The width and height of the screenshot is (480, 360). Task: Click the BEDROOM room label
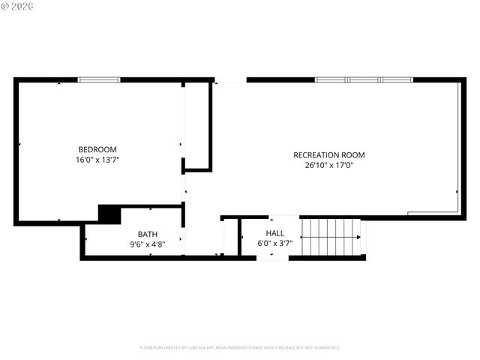97,149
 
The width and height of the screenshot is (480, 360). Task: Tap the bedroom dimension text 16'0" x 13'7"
97,160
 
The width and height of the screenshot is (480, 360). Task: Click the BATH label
147,234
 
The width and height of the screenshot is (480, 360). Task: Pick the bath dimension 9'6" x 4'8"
147,244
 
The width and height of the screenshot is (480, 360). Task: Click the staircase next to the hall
330,237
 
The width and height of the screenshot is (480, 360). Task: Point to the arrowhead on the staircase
358,238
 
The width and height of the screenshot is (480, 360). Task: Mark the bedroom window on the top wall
99,79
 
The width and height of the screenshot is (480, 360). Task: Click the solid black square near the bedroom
109,214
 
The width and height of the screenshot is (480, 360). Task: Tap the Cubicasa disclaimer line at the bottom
240,348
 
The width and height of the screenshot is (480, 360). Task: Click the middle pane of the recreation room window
364,79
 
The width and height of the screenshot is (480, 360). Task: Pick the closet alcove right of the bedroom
196,125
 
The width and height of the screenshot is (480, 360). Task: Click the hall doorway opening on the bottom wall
272,258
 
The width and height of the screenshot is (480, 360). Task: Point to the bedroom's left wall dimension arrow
19,145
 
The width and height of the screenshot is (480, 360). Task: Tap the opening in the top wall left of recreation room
230,80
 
